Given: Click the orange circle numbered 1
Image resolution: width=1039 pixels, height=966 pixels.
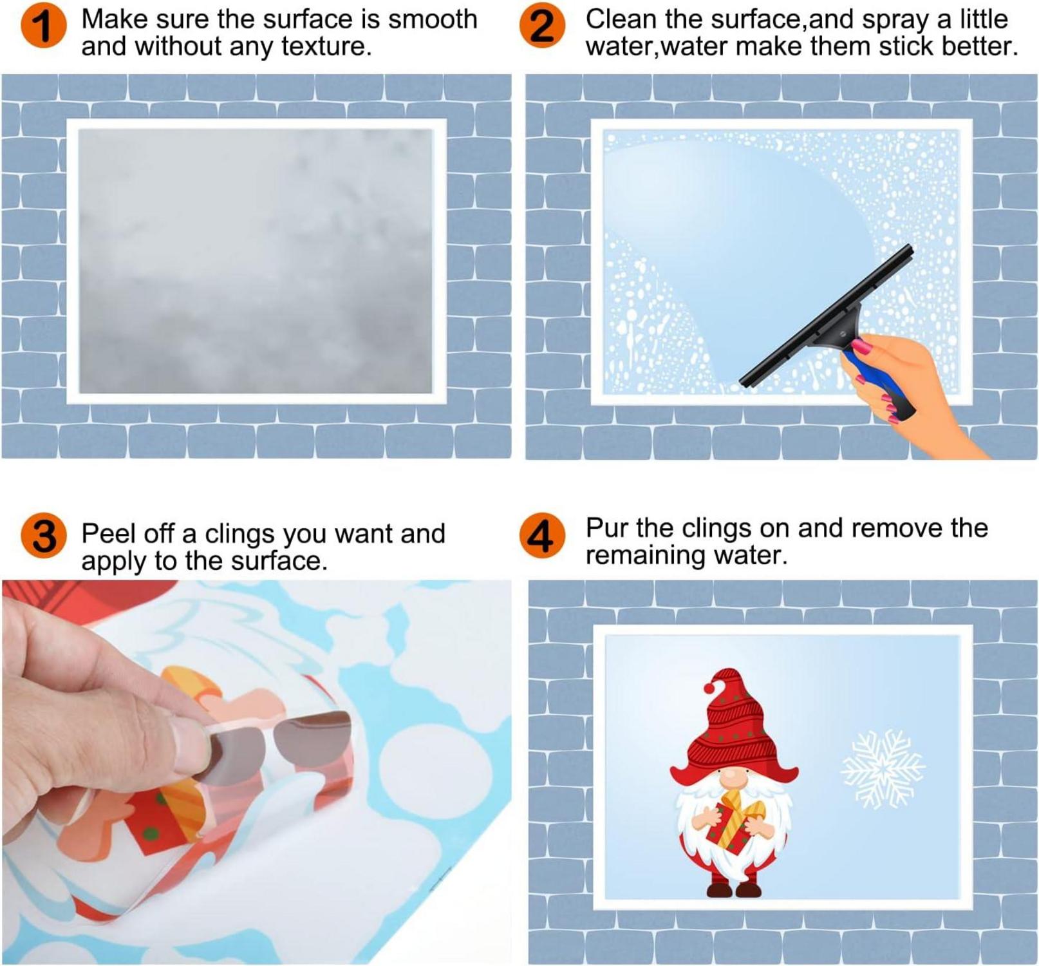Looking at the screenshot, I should pos(43,27).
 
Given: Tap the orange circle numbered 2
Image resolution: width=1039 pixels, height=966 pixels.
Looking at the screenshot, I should pos(542,27).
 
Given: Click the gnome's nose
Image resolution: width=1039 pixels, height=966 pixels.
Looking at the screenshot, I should pos(733,780).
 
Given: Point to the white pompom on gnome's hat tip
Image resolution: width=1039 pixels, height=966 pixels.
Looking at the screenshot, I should pos(709,688).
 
